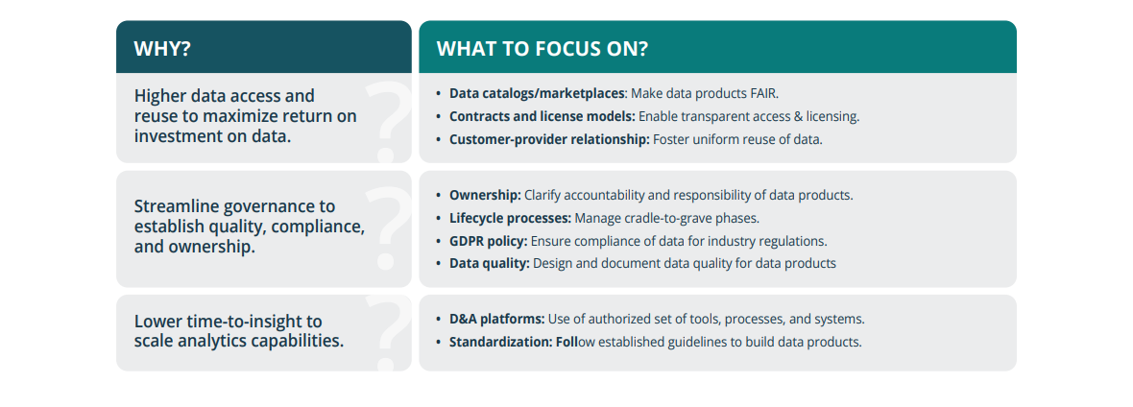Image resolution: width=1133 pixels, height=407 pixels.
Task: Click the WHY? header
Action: [162, 49]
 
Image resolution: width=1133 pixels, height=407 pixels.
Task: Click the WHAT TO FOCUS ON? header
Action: [542, 49]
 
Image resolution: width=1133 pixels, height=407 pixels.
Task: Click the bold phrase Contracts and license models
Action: [542, 116]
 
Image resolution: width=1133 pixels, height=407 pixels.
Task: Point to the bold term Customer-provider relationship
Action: [548, 139]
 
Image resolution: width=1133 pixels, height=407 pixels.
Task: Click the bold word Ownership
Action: [485, 195]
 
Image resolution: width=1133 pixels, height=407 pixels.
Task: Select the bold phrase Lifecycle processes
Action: [510, 218]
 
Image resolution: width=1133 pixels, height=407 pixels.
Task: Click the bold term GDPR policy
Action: [488, 241]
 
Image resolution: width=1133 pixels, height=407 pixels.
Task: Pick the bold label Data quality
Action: [489, 263]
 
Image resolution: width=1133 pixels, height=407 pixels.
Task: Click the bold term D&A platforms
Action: [496, 319]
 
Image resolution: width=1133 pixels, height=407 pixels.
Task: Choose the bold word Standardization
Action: [499, 342]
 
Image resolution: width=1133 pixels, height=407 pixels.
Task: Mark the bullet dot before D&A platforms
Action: [439, 319]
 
